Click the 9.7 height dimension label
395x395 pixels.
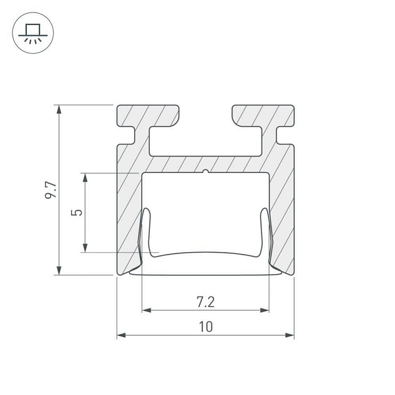[x=51, y=190]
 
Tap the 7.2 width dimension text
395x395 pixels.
[x=206, y=302]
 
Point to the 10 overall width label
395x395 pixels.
[x=206, y=327]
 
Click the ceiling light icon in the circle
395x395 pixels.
[x=33, y=33]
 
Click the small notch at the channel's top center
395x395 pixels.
[x=206, y=171]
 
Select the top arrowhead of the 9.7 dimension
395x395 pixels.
[x=59, y=110]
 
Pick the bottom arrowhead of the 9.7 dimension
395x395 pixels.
[x=59, y=270]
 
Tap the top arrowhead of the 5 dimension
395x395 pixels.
[x=85, y=178]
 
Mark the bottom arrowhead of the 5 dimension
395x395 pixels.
[x=85, y=248]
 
